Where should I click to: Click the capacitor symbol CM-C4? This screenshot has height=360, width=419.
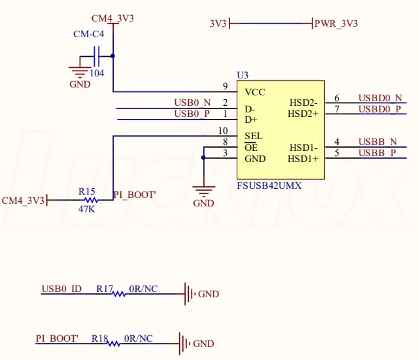pos(97,56)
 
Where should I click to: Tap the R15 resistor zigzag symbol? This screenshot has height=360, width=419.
pos(91,200)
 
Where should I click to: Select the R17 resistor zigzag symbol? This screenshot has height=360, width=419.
pos(119,294)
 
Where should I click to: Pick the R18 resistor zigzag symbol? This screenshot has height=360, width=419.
pos(114,344)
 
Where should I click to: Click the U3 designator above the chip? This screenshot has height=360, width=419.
pos(243,75)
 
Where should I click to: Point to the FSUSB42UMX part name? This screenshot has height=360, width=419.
pos(269,186)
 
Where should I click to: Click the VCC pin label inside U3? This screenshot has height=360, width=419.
pos(255,92)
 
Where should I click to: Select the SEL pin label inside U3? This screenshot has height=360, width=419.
pos(254,136)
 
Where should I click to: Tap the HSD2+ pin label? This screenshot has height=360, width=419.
pos(303,114)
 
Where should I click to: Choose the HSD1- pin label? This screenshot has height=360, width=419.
pos(303,148)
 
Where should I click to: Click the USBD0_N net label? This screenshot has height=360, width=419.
pos(380,98)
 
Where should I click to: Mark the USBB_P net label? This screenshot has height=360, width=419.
pos(377,153)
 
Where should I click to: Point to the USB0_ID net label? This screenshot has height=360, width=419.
pos(61,289)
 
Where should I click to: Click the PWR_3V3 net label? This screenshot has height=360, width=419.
pos(336,24)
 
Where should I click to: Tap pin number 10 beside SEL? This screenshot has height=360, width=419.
pos(223,131)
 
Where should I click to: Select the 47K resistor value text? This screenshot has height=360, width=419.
pos(86,209)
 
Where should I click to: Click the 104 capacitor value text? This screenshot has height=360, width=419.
pos(97,73)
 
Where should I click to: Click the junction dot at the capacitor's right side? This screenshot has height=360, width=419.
pos(113,56)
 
